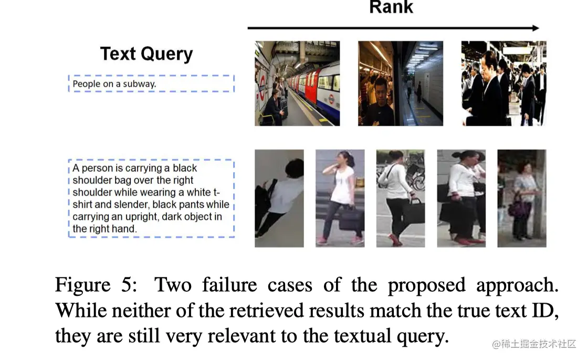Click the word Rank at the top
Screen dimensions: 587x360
pos(391,7)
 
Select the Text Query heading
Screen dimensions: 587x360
pos(146,54)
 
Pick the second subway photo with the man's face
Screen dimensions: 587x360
pos(400,83)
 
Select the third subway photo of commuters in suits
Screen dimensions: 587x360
pos(504,83)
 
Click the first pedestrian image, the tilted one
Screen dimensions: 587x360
pos(279,198)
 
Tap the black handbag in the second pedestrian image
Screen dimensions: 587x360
pos(350,219)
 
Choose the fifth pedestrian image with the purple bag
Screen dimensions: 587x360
pos(521,198)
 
